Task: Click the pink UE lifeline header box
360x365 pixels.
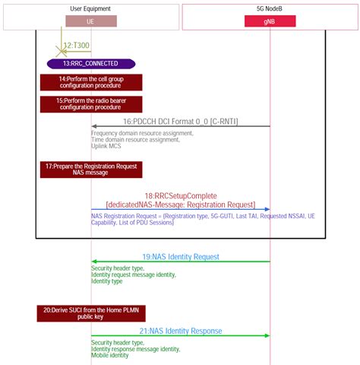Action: pyautogui.click(x=90, y=21)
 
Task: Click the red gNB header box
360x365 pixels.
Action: pyautogui.click(x=270, y=21)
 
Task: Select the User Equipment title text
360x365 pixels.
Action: pyautogui.click(x=90, y=9)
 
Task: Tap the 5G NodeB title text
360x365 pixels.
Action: pyautogui.click(x=270, y=9)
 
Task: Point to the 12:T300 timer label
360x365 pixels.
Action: pyautogui.click(x=76, y=46)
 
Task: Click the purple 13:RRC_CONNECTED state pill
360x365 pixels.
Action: pyautogui.click(x=91, y=64)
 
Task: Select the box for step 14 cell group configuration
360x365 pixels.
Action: pyautogui.click(x=91, y=82)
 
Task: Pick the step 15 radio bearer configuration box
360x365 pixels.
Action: pyautogui.click(x=91, y=103)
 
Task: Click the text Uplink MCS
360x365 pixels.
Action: pyautogui.click(x=106, y=146)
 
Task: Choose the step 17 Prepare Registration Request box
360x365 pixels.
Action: pyautogui.click(x=91, y=169)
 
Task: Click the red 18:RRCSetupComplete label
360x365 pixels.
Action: pyautogui.click(x=181, y=195)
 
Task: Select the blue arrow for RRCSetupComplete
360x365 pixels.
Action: pyautogui.click(x=180, y=209)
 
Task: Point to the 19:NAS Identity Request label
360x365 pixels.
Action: pyautogui.click(x=180, y=256)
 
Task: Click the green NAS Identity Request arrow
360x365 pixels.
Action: pyautogui.click(x=180, y=262)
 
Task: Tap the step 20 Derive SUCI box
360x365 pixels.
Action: pyautogui.click(x=91, y=313)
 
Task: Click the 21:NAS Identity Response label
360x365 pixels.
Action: pyautogui.click(x=180, y=331)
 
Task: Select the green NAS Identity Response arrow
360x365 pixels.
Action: pyautogui.click(x=180, y=336)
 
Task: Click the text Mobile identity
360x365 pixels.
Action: pyautogui.click(x=110, y=356)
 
